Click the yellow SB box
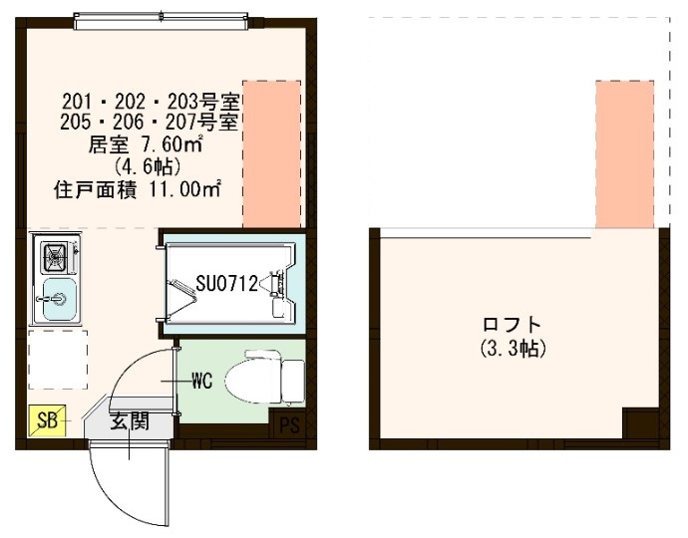click(x=44, y=419)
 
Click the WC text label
click(x=200, y=381)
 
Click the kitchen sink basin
click(x=56, y=298)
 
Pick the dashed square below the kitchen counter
click(x=56, y=359)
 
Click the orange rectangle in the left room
click(x=272, y=154)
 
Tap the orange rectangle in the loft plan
click(x=624, y=154)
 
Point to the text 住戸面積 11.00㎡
click(x=137, y=186)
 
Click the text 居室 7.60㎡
click(x=147, y=144)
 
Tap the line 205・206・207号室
click(x=148, y=124)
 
